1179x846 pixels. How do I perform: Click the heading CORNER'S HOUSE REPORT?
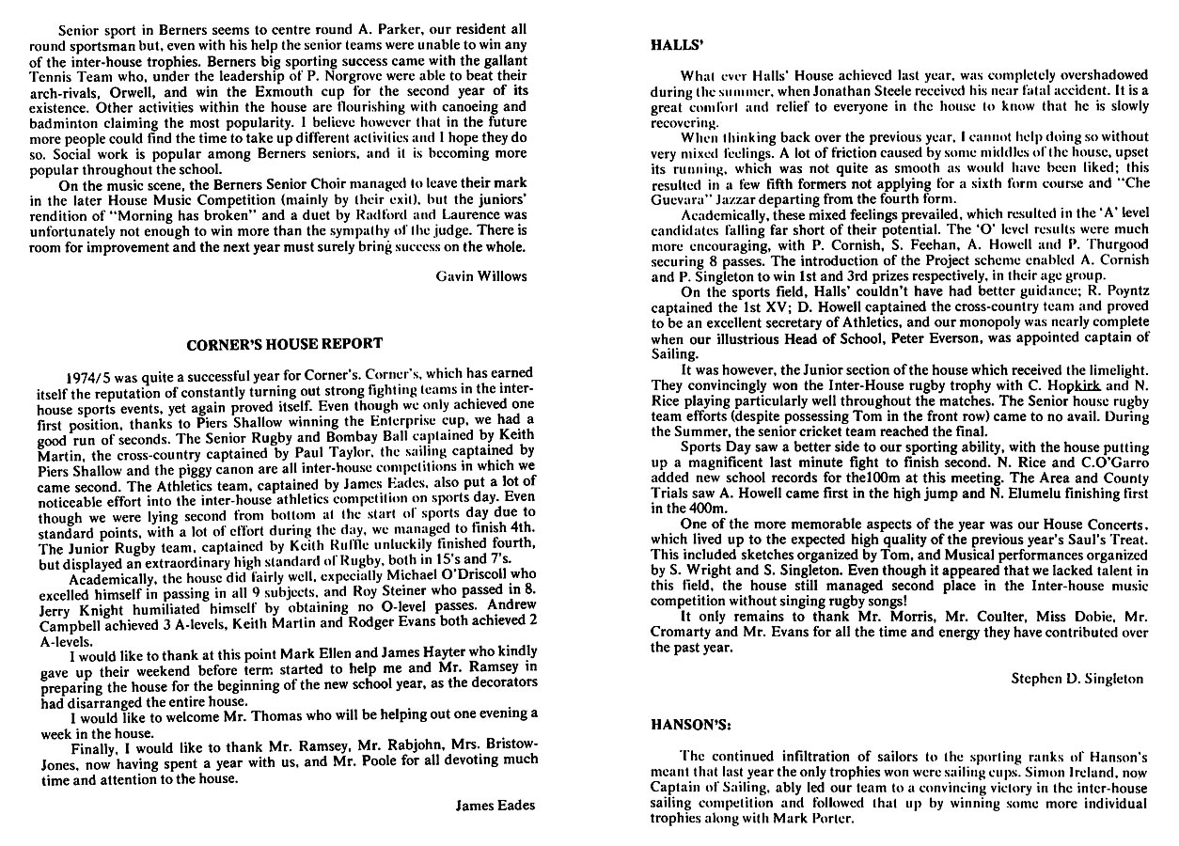click(x=285, y=343)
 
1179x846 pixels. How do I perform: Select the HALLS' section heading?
click(x=672, y=44)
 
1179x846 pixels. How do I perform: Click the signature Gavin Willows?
click(x=482, y=276)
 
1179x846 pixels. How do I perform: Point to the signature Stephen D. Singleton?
click(x=1077, y=679)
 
